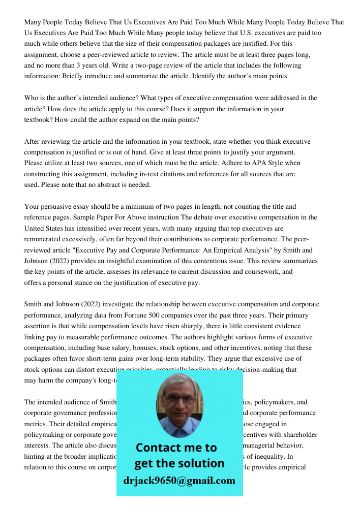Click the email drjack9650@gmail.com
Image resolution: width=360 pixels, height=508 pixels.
[179, 481]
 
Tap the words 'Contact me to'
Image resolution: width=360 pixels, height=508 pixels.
[176, 448]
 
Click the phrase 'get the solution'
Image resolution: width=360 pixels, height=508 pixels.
[179, 463]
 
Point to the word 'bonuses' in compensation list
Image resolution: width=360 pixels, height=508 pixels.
[128, 348]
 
